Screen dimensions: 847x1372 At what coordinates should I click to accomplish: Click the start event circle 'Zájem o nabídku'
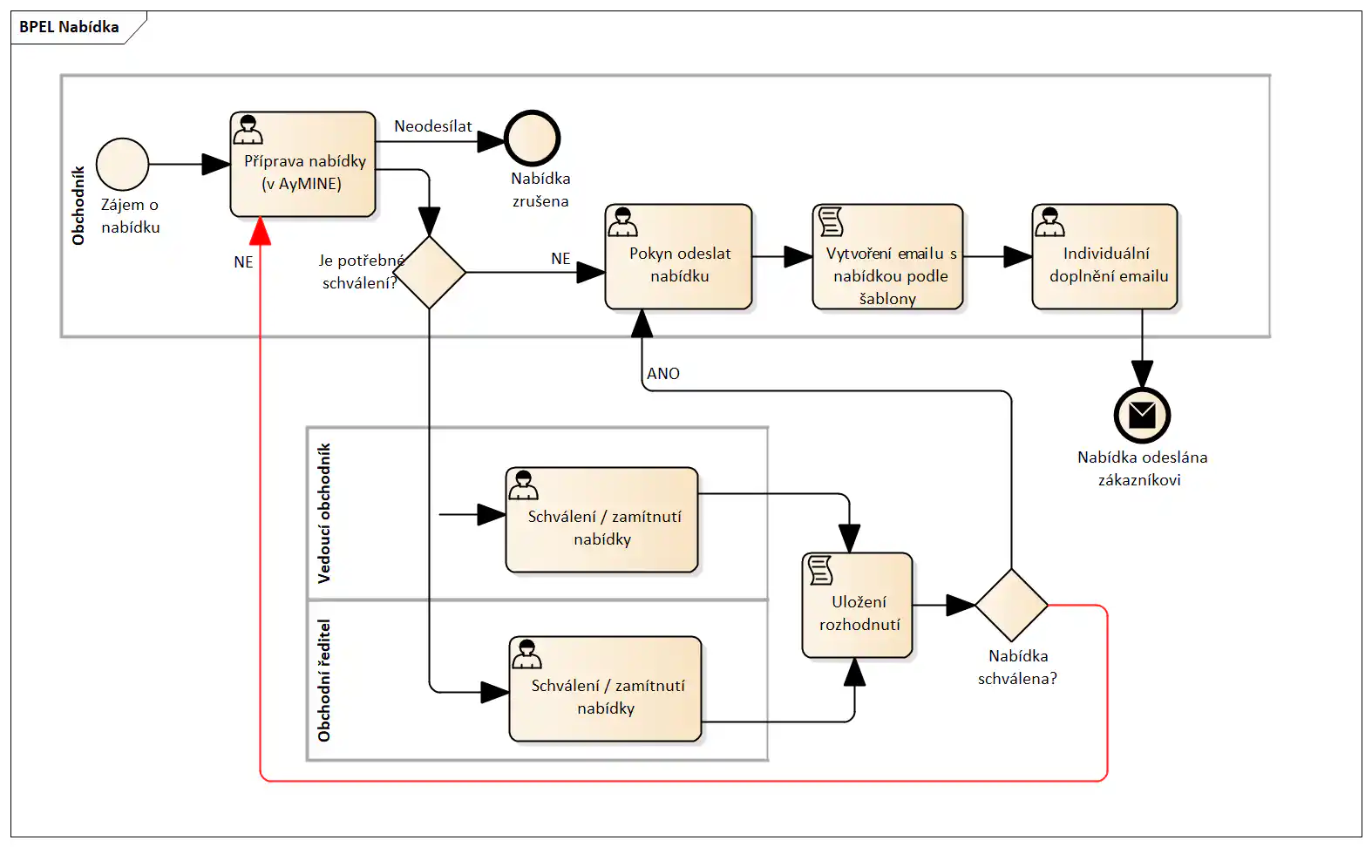pos(122,164)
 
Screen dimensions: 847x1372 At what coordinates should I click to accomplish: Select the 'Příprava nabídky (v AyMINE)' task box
pos(302,165)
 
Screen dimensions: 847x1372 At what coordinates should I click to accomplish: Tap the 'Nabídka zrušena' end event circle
pos(532,139)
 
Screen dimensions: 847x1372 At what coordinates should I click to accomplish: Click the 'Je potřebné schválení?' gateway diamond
pos(429,273)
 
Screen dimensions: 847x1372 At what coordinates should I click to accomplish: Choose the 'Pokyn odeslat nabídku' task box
pos(678,257)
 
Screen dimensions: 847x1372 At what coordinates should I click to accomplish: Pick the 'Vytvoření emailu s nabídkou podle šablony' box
pos(887,257)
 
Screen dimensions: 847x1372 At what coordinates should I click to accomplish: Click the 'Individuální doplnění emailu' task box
pos(1104,257)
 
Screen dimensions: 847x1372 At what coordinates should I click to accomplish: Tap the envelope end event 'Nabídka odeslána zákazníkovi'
pos(1142,416)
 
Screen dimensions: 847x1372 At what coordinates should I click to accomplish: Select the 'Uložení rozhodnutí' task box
pos(857,606)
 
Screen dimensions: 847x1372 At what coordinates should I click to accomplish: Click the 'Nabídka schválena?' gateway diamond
pos(1011,605)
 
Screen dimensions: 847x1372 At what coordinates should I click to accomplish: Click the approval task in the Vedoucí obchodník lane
pos(601,520)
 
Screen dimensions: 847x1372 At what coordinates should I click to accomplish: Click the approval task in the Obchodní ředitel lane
pos(605,689)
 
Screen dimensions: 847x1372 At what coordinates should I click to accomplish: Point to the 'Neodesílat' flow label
pos(432,126)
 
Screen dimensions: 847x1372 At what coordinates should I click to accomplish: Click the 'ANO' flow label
pos(662,374)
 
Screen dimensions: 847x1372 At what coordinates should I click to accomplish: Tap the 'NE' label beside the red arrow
pos(243,262)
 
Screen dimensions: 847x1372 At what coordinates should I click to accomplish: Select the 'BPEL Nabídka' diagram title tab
pos(70,27)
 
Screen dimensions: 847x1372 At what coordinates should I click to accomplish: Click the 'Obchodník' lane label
pos(78,206)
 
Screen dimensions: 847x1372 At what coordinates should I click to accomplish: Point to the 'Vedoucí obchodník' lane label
pos(324,513)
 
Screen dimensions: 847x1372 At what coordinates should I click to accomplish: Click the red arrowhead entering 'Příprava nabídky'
pos(260,232)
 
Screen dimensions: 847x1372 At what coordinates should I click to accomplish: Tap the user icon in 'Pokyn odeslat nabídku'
pos(622,222)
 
